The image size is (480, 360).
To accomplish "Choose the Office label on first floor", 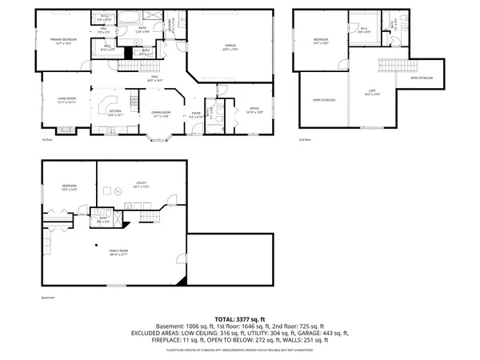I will click(255, 110).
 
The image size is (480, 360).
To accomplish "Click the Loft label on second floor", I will click(373, 92).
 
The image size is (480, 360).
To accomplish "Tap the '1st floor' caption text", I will click(47, 139).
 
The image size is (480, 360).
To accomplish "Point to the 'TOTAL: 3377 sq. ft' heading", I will click(239, 318).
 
